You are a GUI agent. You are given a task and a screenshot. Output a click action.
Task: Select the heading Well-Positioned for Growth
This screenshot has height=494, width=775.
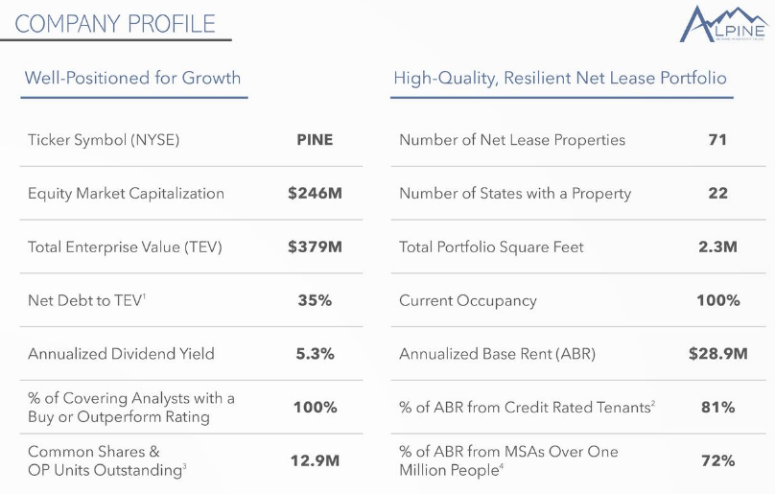point(132,78)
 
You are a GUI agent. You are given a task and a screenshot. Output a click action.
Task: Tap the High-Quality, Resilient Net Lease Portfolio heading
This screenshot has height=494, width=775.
point(560,78)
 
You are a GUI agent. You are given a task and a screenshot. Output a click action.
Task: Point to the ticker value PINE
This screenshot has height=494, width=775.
point(315,140)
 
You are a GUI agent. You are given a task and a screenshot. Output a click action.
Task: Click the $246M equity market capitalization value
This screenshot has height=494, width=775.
point(315,193)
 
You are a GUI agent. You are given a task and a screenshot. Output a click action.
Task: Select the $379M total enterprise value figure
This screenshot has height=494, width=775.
point(315,247)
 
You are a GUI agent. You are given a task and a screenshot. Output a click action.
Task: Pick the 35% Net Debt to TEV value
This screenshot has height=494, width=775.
point(315,300)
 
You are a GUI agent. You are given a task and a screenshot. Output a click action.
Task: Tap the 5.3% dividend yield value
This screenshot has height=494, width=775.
point(315,354)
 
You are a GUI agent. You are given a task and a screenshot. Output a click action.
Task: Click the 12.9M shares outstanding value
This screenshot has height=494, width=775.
point(315,460)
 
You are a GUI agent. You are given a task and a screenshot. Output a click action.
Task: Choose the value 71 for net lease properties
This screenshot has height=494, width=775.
point(717,140)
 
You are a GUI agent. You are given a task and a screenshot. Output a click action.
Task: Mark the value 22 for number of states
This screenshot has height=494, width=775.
point(717,193)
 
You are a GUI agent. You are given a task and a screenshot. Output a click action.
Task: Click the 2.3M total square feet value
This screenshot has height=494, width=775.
point(717,247)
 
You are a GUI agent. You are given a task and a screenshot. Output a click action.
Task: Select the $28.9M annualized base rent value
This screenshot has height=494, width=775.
point(717,354)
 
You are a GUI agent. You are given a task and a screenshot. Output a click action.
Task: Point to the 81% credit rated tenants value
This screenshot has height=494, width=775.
point(717,408)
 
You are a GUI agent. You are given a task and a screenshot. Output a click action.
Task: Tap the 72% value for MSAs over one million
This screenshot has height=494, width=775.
point(717,460)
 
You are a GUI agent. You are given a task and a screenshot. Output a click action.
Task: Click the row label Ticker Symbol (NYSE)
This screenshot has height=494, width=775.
point(104,140)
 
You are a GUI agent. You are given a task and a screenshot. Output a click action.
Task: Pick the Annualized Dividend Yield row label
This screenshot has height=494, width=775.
point(121,354)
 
